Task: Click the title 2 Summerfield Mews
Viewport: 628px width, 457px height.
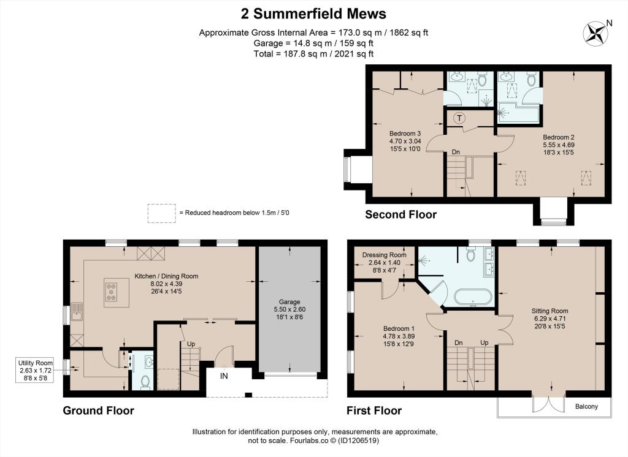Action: click(313, 13)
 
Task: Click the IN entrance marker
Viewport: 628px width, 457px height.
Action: click(224, 376)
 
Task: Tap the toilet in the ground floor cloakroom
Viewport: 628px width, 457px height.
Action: click(145, 382)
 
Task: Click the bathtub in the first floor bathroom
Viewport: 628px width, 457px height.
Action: click(473, 298)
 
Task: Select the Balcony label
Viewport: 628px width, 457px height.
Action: click(587, 407)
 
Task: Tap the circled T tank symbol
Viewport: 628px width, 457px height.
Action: click(459, 118)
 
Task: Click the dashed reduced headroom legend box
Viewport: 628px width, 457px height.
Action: click(161, 213)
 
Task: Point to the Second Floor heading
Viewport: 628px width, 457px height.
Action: click(400, 214)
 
